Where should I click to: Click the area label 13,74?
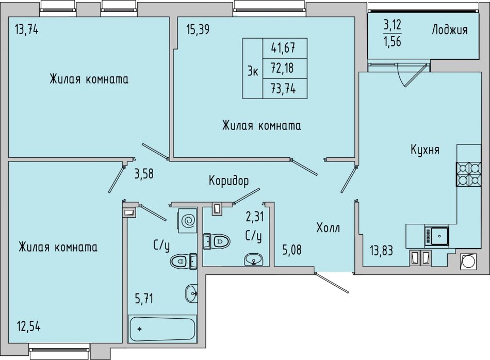(x=26, y=30)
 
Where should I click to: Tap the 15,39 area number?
(x=198, y=30)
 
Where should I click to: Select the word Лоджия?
(x=450, y=30)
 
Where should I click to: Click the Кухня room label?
(x=424, y=150)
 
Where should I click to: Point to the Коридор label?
(x=228, y=181)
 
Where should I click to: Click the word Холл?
(x=328, y=228)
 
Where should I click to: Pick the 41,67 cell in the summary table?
(x=285, y=48)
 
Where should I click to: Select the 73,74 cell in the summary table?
(x=285, y=89)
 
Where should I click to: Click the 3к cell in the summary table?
(x=253, y=69)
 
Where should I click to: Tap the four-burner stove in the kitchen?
(x=468, y=174)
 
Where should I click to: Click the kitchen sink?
(x=436, y=236)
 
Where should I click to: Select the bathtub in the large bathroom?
(x=162, y=329)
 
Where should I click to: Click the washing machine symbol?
(x=188, y=221)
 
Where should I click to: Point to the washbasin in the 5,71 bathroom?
(x=191, y=293)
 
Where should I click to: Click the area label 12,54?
(x=28, y=327)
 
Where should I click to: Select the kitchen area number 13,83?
(x=381, y=250)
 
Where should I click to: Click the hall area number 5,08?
(x=292, y=250)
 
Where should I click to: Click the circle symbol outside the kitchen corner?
(x=468, y=261)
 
